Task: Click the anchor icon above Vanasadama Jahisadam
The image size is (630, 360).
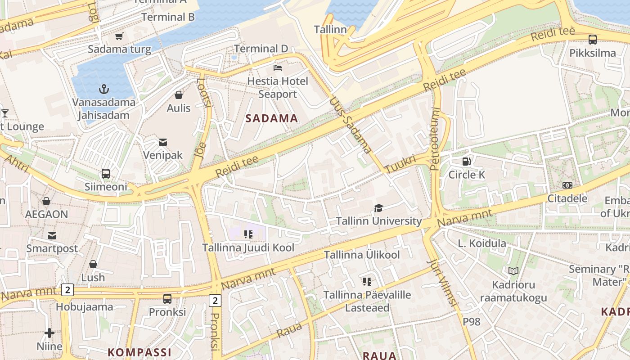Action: (x=104, y=89)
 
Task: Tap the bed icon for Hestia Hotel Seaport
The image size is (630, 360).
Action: (x=278, y=68)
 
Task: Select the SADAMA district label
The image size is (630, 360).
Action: (x=272, y=118)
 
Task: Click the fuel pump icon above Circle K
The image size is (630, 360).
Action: (x=467, y=161)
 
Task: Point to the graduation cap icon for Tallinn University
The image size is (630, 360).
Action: (x=378, y=208)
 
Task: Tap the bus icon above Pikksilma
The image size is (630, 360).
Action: (x=593, y=40)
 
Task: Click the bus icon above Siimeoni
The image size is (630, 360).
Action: (x=106, y=173)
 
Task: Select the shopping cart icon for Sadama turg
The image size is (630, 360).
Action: (x=119, y=36)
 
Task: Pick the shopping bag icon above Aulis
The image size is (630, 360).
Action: (x=179, y=95)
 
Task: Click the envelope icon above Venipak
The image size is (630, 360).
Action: (x=162, y=142)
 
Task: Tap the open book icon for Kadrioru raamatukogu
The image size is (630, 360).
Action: (x=513, y=271)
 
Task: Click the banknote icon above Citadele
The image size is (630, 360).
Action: (x=567, y=185)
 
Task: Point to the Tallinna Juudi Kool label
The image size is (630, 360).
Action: (x=248, y=247)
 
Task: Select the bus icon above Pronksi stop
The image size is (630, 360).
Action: (x=167, y=298)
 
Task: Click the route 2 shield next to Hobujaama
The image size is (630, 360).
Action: (x=67, y=290)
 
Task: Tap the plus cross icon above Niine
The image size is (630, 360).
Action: (x=49, y=333)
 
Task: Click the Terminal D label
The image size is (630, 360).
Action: (x=261, y=49)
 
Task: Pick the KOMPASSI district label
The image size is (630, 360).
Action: (x=139, y=352)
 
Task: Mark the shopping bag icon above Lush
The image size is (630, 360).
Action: (x=93, y=264)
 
